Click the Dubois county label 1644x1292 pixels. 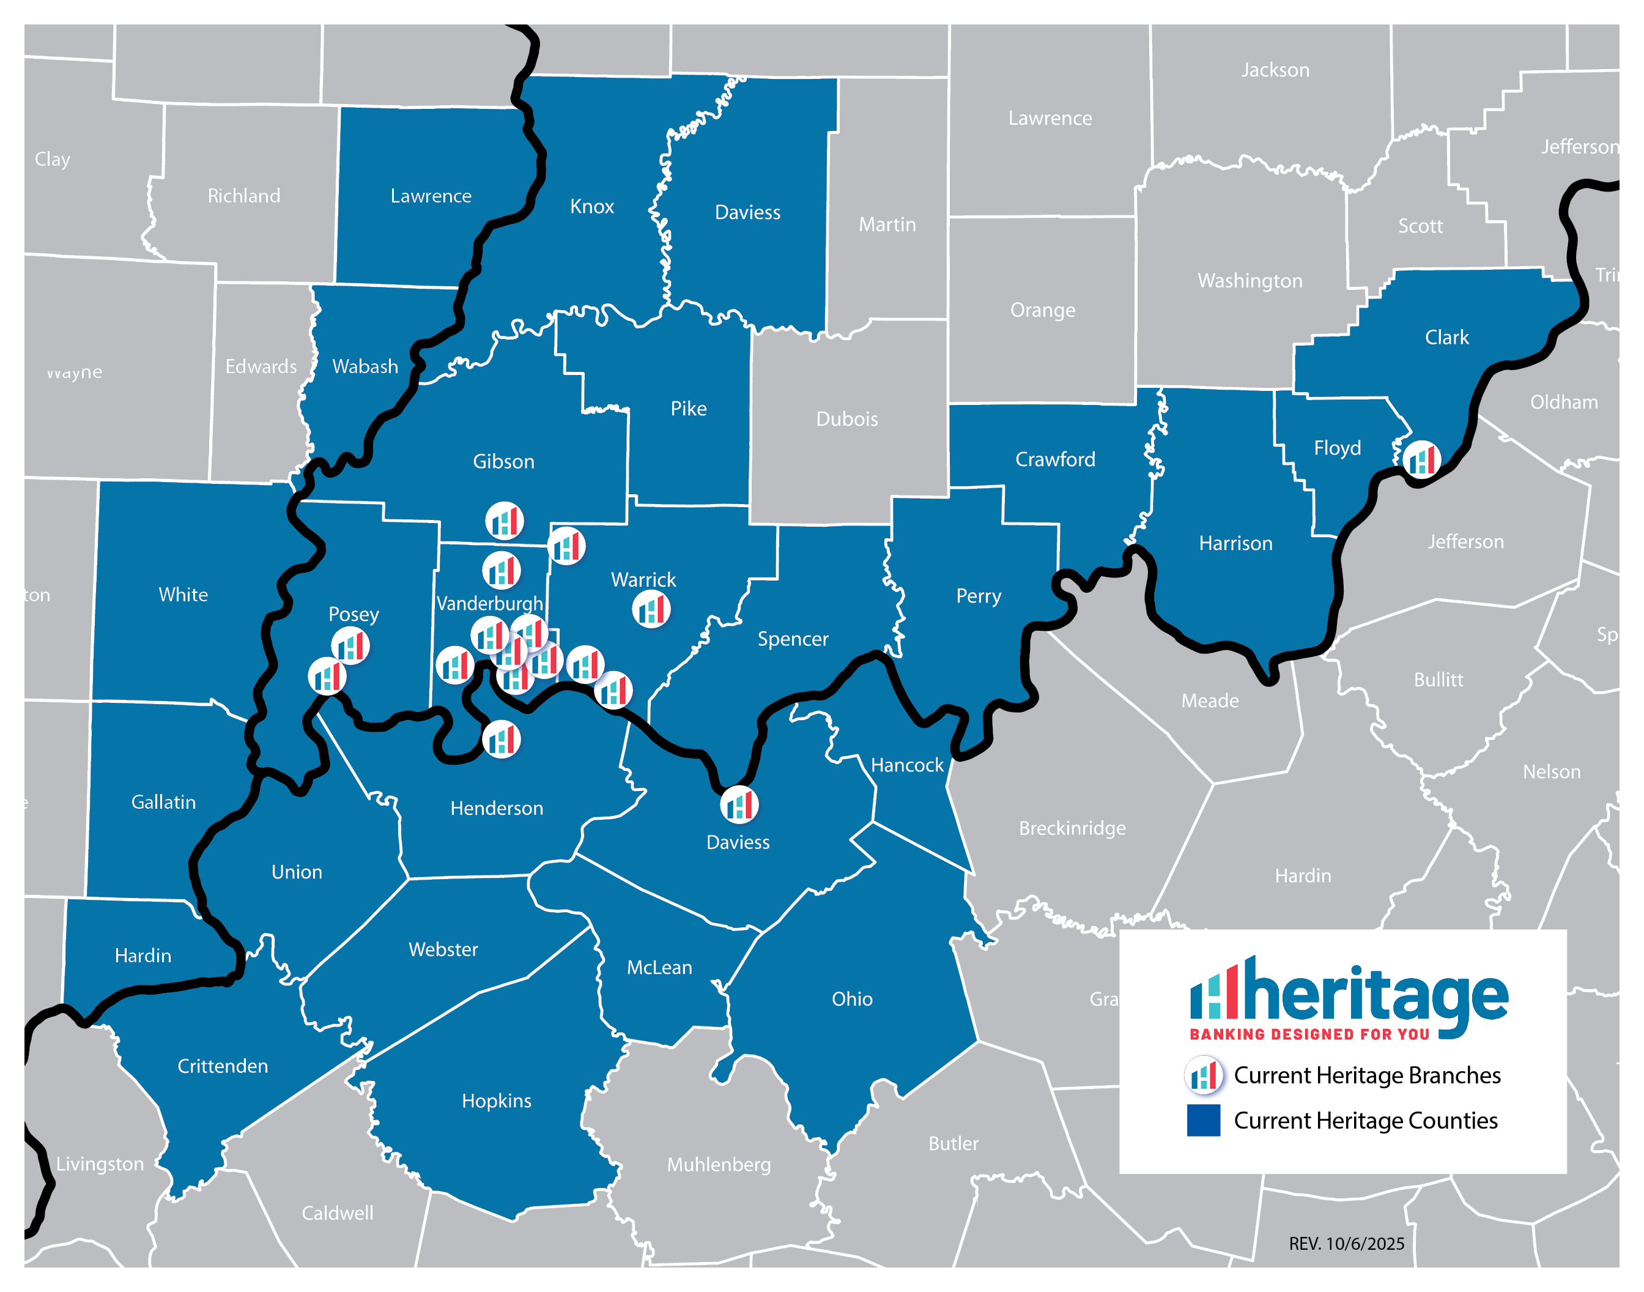[x=847, y=419]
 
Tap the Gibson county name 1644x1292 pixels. [x=503, y=461]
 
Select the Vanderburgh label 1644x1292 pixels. [x=490, y=604]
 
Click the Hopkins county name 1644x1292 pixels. [x=496, y=1101]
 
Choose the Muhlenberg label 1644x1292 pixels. [x=719, y=1164]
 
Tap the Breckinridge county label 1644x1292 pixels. [x=1072, y=828]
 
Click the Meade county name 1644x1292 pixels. [x=1210, y=700]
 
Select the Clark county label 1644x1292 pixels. [x=1446, y=337]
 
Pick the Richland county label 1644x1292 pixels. [x=243, y=196]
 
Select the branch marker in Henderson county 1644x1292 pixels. [x=502, y=739]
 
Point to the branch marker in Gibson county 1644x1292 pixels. [x=505, y=521]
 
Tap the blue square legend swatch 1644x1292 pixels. [x=1203, y=1120]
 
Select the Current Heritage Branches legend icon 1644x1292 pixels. [x=1203, y=1075]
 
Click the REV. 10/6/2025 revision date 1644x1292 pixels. [x=1346, y=1244]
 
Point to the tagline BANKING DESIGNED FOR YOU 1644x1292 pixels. [x=1309, y=1034]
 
